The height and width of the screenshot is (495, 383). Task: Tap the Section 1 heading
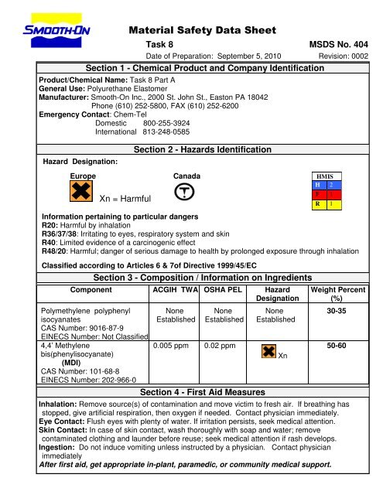tap(199, 69)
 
